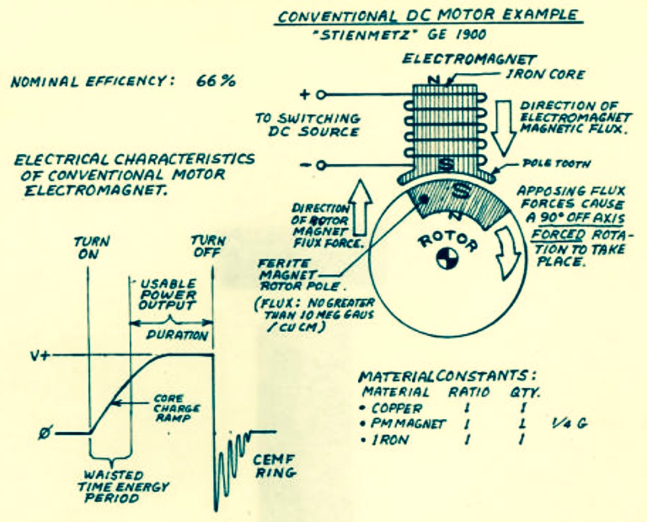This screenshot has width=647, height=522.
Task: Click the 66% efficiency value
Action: pos(216,81)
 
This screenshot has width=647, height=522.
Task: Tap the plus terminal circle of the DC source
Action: pos(321,95)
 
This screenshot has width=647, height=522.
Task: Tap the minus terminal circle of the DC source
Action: pos(322,166)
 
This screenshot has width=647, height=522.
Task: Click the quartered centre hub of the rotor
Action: pos(447,258)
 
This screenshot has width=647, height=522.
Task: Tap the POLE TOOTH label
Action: pos(556,163)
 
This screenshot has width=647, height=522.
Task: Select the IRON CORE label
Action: pos(545,74)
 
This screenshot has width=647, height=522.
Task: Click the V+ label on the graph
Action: pos(40,355)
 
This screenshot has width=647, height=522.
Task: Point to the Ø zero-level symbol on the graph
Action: pos(45,434)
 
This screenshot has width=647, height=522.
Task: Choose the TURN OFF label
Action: pos(208,246)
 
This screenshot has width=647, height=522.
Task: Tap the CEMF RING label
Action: pos(275,466)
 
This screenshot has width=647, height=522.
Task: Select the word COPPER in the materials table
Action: pos(397,408)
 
